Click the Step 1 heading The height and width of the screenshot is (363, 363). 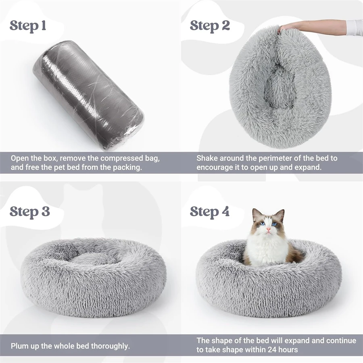[x=28, y=25]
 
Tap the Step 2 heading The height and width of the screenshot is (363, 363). [x=210, y=25]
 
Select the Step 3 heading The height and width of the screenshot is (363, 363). [x=30, y=211]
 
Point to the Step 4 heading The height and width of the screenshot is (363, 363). [x=210, y=211]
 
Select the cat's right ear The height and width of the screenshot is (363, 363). [x=280, y=214]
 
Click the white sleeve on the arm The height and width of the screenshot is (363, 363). [x=354, y=27]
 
